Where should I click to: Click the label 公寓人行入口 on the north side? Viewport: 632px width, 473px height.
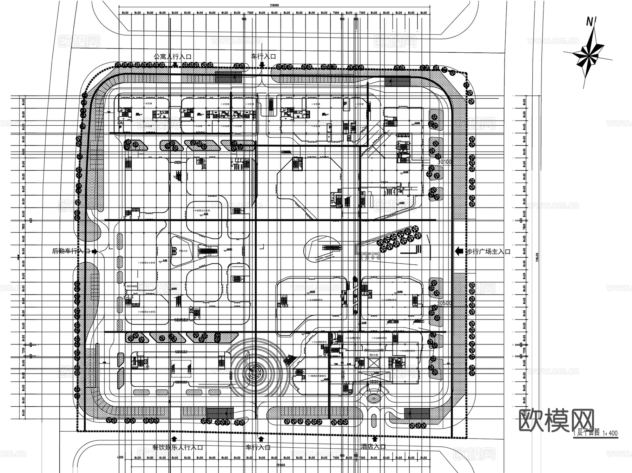click(x=172, y=57)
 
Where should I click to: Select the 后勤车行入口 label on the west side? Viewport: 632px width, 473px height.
click(x=71, y=251)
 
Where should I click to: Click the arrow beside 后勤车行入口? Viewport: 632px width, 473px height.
click(x=94, y=251)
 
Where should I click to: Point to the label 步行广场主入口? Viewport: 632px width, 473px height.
click(x=488, y=251)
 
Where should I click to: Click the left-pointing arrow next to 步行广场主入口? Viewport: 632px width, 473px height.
click(x=459, y=251)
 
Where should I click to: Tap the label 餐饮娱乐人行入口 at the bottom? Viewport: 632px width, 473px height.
click(x=178, y=448)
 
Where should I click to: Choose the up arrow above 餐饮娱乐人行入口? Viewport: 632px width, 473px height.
click(x=174, y=439)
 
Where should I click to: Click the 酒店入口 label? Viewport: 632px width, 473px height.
click(x=373, y=447)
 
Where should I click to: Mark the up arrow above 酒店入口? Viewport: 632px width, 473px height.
click(x=375, y=439)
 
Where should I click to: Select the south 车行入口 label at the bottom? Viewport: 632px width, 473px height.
click(x=258, y=447)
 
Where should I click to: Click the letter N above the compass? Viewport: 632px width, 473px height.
click(x=590, y=22)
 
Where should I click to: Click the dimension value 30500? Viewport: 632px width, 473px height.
click(x=444, y=303)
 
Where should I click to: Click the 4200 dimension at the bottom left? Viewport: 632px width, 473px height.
click(x=120, y=458)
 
